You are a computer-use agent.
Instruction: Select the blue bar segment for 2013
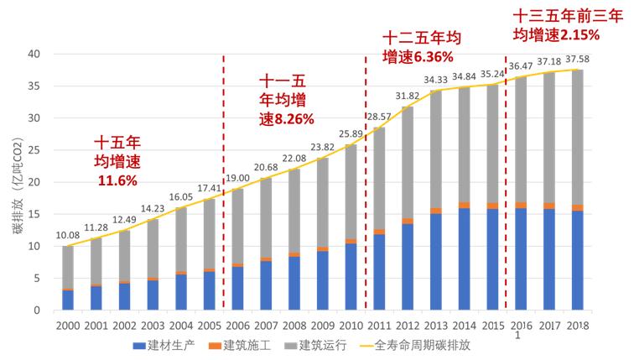point(435,262)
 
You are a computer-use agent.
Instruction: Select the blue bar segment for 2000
point(68,300)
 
